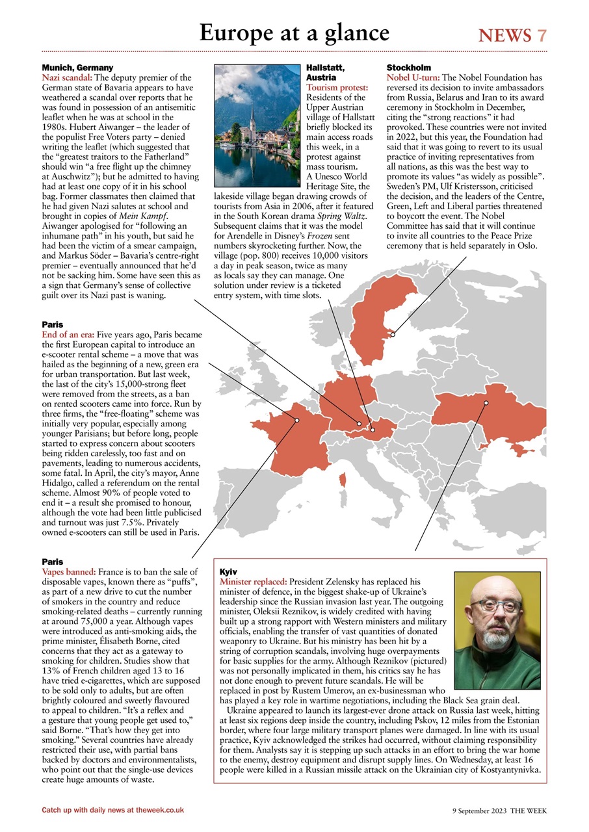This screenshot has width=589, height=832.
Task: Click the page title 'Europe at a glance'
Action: click(294, 32)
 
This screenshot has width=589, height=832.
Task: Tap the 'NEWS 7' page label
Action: click(512, 35)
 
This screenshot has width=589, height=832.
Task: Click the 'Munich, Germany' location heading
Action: click(77, 68)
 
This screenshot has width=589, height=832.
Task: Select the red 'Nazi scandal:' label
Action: click(67, 77)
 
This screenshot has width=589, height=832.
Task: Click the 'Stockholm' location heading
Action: click(408, 68)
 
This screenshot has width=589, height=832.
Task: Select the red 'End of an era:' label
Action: click(68, 334)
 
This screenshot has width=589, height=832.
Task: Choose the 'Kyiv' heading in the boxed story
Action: click(229, 571)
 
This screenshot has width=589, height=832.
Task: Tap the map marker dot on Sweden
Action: click(392, 335)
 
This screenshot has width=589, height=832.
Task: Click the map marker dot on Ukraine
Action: click(486, 403)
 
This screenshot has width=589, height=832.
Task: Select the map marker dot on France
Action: click(296, 420)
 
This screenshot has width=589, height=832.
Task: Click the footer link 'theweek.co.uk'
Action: click(156, 810)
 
